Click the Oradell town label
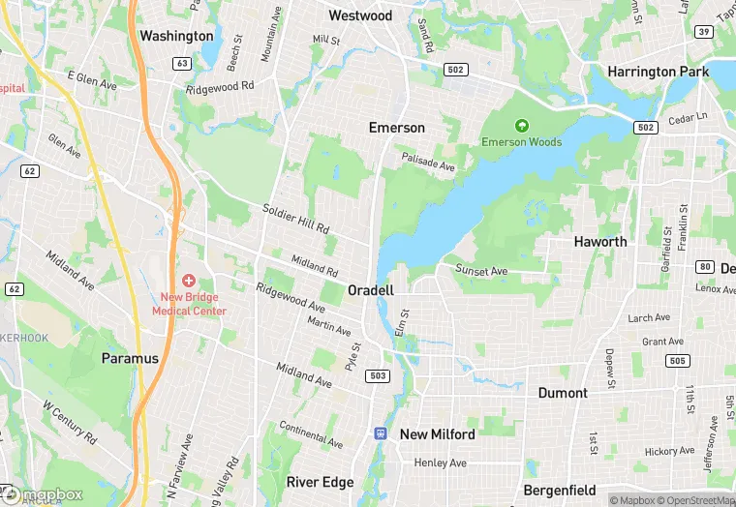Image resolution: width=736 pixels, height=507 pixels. point(371,290)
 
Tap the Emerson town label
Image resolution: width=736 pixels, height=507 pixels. point(396,128)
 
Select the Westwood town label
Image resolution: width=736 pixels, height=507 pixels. point(360,15)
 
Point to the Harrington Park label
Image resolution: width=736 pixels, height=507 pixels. point(658,72)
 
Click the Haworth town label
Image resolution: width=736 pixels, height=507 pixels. point(600,242)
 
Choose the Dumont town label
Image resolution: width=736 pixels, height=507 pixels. point(563,393)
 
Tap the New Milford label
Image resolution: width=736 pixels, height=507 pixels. point(438,434)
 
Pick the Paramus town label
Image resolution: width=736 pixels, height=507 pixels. point(130,358)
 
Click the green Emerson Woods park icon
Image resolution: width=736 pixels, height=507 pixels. point(522,126)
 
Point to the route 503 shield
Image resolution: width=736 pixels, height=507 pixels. point(379,375)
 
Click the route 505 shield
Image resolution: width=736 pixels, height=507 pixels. point(679,361)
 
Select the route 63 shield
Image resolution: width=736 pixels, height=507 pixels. point(182,63)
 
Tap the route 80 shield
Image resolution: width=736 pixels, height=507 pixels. point(704,267)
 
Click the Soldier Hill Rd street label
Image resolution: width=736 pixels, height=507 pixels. point(296,219)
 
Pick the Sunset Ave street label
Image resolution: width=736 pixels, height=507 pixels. point(482,272)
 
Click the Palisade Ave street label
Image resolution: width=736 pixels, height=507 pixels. point(429,165)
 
